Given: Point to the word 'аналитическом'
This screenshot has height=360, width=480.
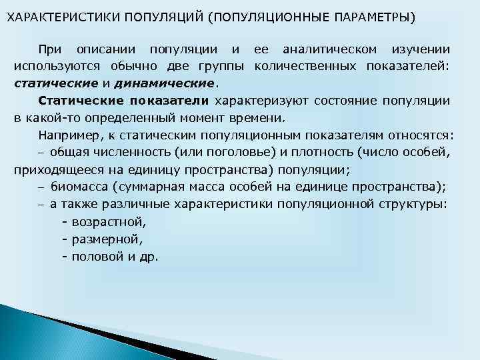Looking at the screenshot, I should point(329,49).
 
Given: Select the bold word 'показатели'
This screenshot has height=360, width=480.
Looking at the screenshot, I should point(169,101).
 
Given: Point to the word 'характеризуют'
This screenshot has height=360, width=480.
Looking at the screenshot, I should point(256,101).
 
